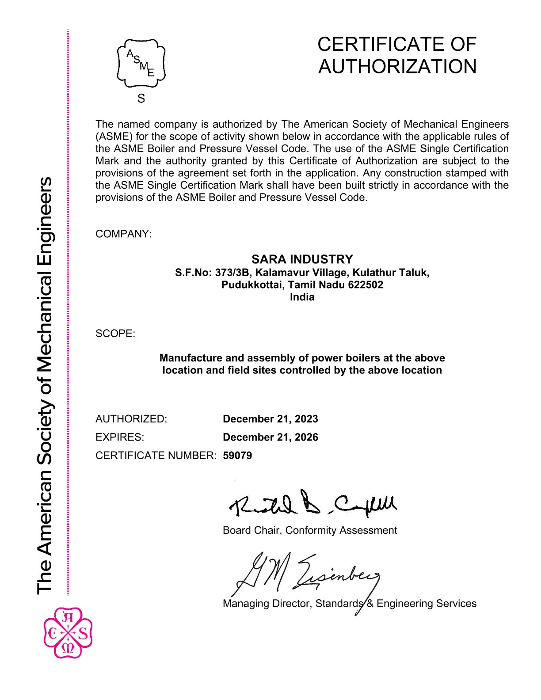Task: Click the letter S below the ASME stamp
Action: [141, 99]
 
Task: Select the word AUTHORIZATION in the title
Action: [397, 67]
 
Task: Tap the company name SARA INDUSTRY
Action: [302, 259]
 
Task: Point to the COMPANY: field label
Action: [123, 234]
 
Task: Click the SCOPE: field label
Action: [115, 333]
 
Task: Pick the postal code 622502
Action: [366, 285]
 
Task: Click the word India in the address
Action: [302, 297]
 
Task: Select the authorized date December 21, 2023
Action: [270, 419]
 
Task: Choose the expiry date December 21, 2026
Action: [270, 437]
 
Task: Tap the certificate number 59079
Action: [237, 455]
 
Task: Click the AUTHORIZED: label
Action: [131, 419]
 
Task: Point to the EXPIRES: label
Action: [120, 437]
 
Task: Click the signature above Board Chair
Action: [312, 504]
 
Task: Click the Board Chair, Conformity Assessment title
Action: [310, 530]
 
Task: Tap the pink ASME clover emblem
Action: [68, 632]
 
